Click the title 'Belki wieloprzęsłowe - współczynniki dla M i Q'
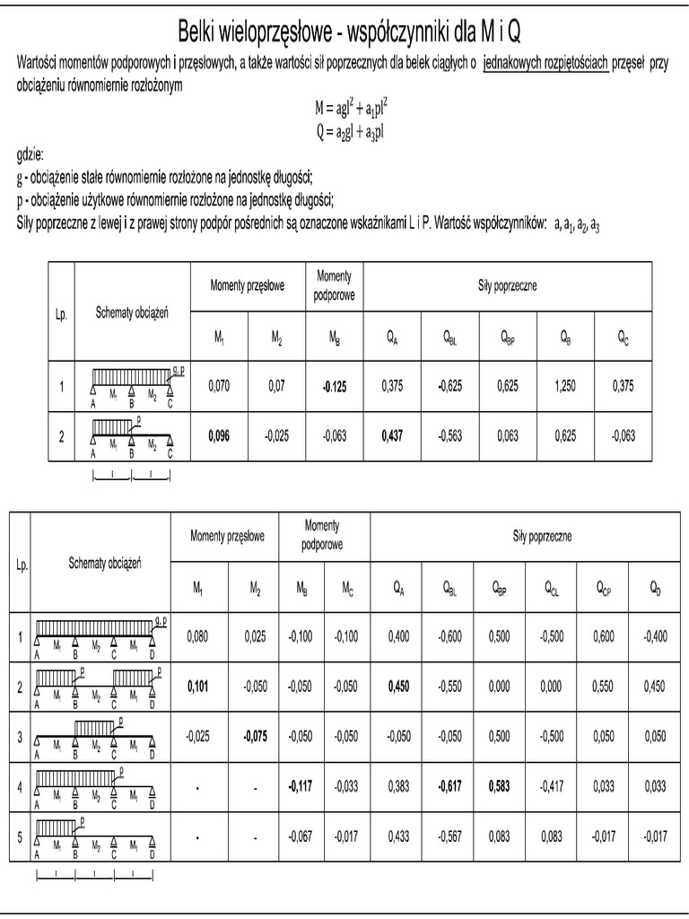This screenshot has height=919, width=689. (x=344, y=32)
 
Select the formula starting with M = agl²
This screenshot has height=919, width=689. (x=351, y=109)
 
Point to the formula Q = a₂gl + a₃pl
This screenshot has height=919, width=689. (x=350, y=132)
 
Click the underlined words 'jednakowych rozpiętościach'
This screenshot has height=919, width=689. (x=545, y=64)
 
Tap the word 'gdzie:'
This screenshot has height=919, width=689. (x=31, y=154)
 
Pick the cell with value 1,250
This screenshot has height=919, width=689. (x=566, y=387)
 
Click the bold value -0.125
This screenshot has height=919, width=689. (x=334, y=387)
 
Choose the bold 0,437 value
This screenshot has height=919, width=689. (x=392, y=436)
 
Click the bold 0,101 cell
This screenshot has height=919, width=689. (x=198, y=687)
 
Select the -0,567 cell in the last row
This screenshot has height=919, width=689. (x=451, y=836)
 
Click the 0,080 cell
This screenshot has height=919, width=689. (x=198, y=636)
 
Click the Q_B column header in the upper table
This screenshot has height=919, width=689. (x=566, y=337)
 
